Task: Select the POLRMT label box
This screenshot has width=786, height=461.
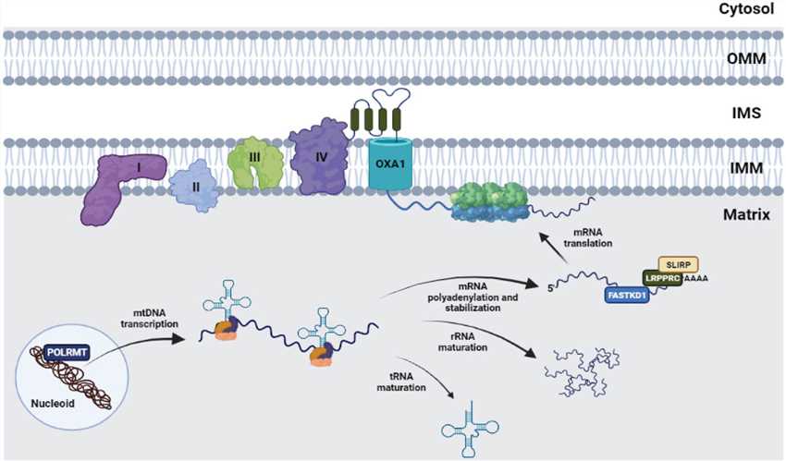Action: pos(68,351)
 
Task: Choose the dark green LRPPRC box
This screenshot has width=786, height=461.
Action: pos(667,278)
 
